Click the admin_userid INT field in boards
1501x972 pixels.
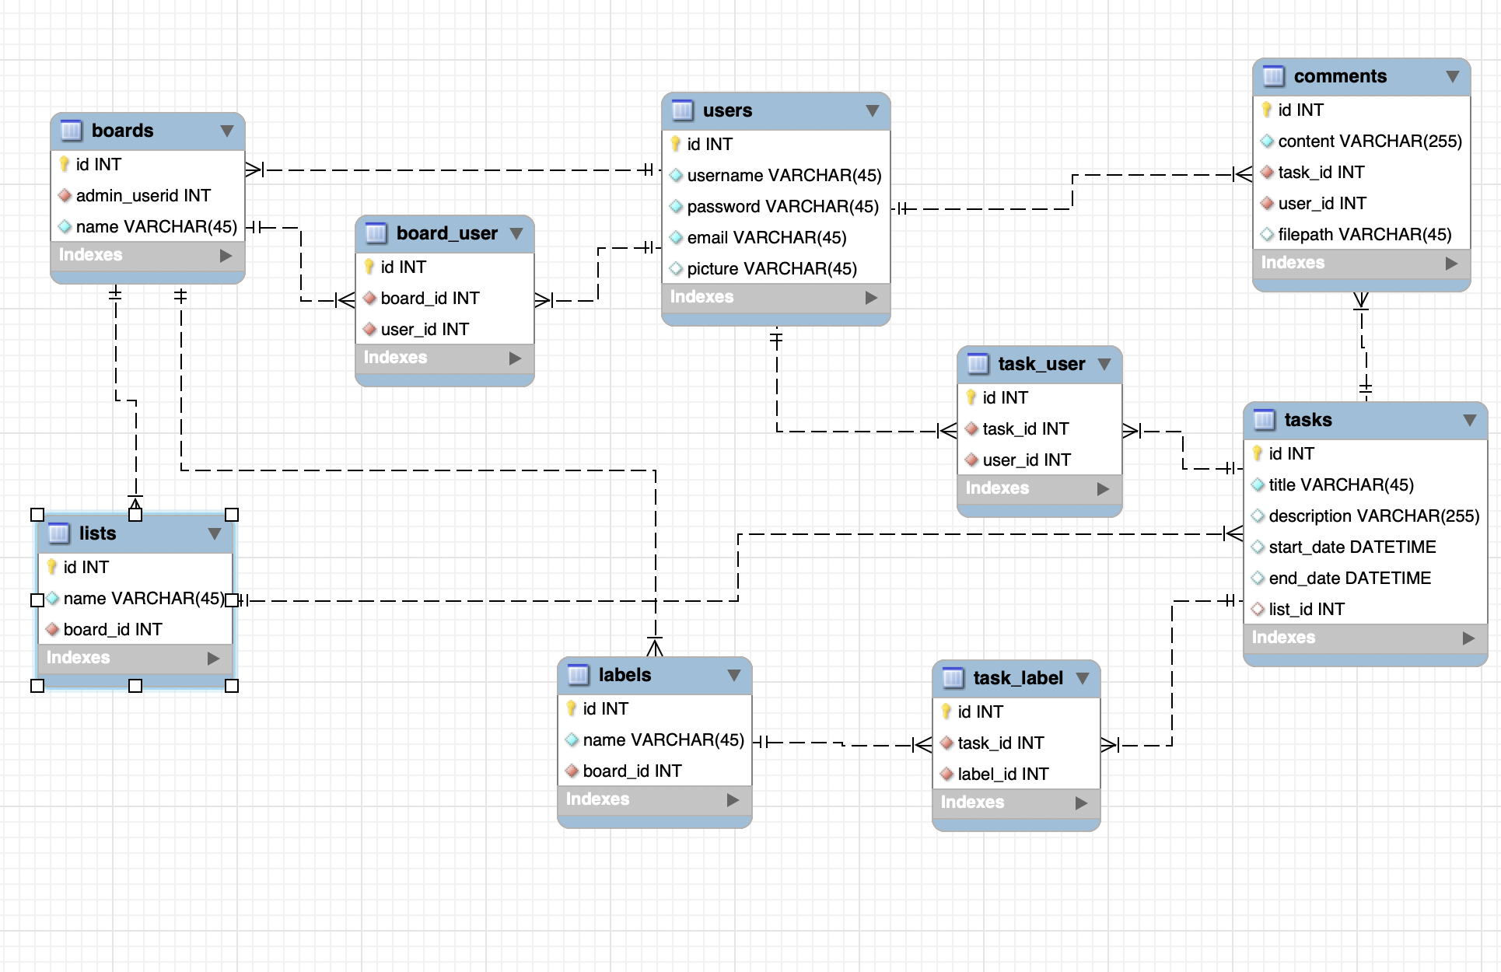click(x=143, y=195)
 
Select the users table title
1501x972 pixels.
click(x=727, y=110)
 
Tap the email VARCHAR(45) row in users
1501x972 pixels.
click(x=767, y=237)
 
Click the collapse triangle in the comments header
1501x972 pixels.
click(x=1452, y=76)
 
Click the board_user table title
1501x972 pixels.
click(x=447, y=233)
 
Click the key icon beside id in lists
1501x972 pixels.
click(x=52, y=566)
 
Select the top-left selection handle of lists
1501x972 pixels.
click(x=37, y=515)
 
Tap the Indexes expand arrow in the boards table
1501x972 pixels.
click(x=226, y=255)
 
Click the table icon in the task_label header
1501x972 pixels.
click(x=953, y=678)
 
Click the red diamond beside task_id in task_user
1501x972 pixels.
click(x=971, y=428)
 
